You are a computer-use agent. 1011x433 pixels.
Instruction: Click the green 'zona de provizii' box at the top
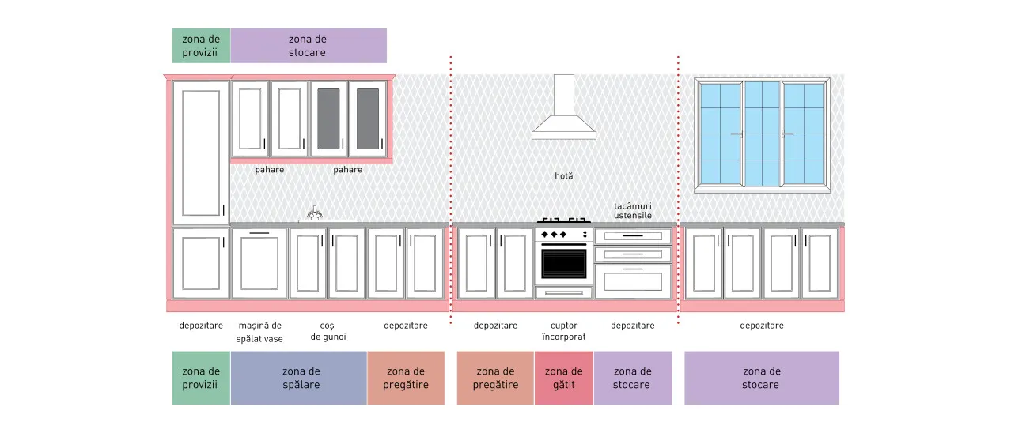(x=201, y=46)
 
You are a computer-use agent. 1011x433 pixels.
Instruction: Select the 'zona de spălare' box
(x=299, y=378)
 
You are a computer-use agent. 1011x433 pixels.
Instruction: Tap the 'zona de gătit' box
(x=564, y=378)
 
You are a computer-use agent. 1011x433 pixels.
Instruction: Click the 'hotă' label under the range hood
(x=564, y=175)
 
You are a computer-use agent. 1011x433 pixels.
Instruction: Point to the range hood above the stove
(x=564, y=108)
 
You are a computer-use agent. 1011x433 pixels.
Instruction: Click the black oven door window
(x=564, y=264)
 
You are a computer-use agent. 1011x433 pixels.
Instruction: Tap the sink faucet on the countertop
(x=315, y=213)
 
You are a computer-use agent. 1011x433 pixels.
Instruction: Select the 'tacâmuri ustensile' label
(x=633, y=210)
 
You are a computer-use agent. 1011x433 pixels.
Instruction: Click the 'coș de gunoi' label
(x=328, y=331)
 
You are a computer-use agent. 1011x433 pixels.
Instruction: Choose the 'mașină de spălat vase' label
(x=259, y=332)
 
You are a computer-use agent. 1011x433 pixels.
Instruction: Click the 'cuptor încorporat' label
(x=564, y=331)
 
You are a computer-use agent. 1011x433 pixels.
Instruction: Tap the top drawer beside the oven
(x=633, y=235)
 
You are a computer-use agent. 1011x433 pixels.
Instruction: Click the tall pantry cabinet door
(x=201, y=152)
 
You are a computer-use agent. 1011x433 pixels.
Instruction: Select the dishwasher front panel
(x=259, y=264)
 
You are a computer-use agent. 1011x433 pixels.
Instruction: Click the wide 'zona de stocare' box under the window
(x=762, y=378)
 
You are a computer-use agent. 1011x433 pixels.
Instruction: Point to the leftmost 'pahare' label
(x=270, y=170)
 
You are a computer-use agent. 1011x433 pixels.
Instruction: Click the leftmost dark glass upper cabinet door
(x=328, y=119)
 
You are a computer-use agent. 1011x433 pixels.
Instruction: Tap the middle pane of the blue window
(x=763, y=134)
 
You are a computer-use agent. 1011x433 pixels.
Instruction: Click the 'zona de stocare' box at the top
(x=309, y=46)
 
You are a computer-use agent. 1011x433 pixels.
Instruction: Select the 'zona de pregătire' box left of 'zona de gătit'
(x=495, y=378)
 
